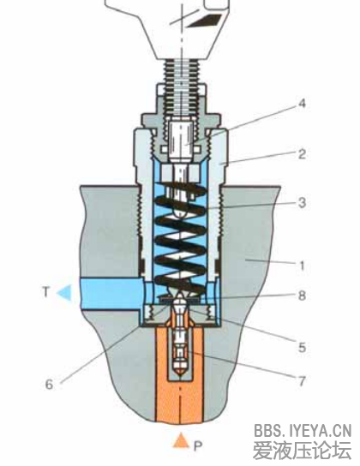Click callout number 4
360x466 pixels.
[302, 104]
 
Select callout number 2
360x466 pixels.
[302, 154]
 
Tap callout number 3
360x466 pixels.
[302, 203]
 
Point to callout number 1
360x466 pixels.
[302, 266]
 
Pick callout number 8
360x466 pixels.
[302, 296]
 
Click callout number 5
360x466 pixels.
[302, 347]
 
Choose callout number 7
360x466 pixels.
[302, 380]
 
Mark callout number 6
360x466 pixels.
[49, 385]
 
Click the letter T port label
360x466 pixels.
[45, 292]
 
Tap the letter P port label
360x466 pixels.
[198, 445]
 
